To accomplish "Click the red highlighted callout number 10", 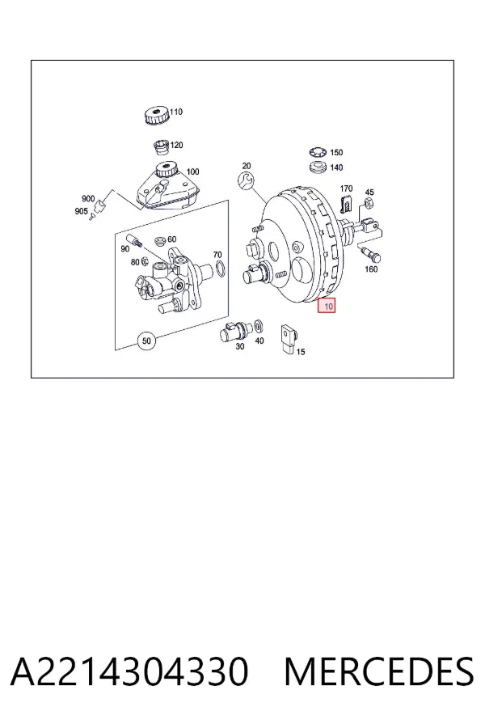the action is [x=327, y=306].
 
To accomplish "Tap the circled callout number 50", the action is [x=146, y=341].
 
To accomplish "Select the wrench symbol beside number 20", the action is [x=246, y=180].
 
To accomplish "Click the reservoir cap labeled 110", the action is [x=156, y=115].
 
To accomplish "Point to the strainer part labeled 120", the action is [x=162, y=147].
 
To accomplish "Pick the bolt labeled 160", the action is [x=370, y=252].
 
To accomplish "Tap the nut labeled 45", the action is [x=369, y=202].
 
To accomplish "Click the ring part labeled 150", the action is [x=318, y=152].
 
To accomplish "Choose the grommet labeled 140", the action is [x=318, y=167].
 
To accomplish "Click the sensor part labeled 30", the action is [x=235, y=332].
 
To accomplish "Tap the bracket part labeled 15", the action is [x=289, y=340].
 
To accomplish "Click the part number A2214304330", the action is [x=129, y=671].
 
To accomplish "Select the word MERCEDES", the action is [x=379, y=671].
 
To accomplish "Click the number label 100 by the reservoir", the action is [x=192, y=171].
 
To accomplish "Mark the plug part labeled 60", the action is [x=161, y=241].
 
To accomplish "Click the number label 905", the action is [x=81, y=211].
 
